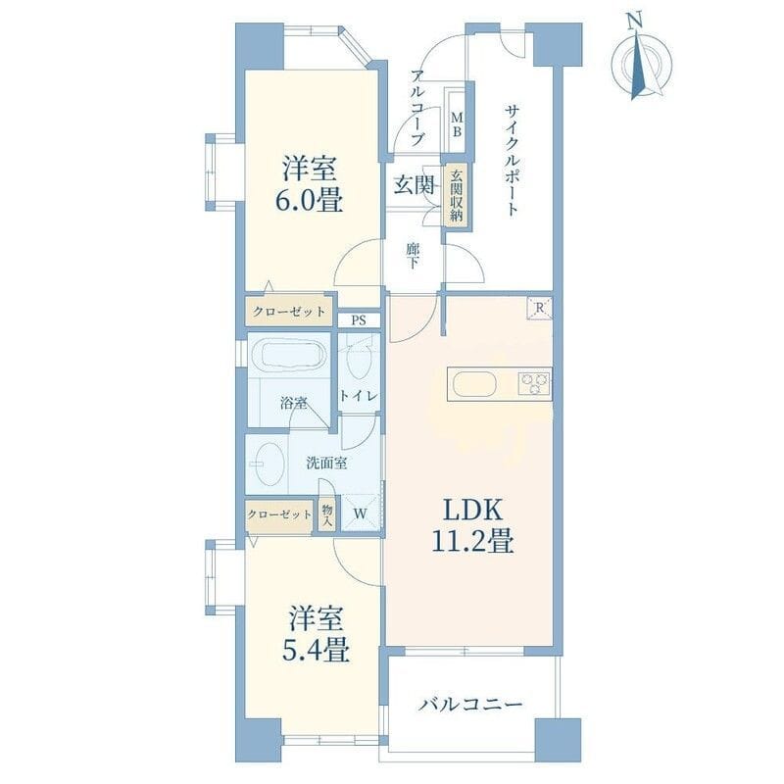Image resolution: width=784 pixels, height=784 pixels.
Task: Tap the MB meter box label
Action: [457, 124]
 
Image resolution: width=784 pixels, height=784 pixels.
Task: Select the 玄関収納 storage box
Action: [457, 197]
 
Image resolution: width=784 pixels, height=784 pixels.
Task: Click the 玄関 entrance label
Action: [414, 185]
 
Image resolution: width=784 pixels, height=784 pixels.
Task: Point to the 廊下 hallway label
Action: [413, 256]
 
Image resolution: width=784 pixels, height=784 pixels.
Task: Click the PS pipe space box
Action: [359, 320]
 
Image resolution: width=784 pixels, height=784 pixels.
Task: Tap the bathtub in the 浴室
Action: [287, 354]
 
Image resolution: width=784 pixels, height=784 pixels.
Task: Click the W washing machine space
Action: [361, 513]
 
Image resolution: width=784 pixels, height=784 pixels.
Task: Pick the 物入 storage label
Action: [327, 514]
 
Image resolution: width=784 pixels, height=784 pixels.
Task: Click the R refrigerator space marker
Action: [539, 308]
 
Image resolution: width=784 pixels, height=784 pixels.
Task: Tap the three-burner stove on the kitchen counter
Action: [534, 384]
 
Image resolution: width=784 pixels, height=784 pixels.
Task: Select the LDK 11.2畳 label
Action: [472, 525]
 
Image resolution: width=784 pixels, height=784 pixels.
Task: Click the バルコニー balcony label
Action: [470, 705]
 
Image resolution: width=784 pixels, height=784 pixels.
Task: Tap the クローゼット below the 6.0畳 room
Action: [289, 312]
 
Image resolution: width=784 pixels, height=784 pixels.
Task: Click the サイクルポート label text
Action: [512, 160]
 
